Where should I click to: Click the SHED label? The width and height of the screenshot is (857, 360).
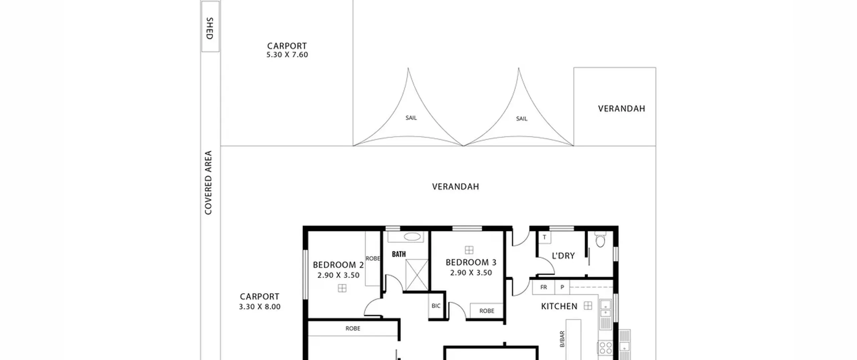[210, 28]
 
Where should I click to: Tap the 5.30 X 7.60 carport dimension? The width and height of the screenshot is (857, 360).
[287, 55]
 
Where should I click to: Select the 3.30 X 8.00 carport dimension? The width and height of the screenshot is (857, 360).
[260, 307]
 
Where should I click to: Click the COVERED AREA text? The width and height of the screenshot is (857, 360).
[208, 183]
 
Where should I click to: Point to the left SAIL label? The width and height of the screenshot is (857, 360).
[411, 118]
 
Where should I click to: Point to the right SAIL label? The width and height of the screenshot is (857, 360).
[522, 119]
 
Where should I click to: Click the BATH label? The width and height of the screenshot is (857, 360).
[399, 254]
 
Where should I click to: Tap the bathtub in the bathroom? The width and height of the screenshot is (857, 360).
[412, 237]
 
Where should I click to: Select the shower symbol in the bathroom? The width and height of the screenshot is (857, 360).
[417, 275]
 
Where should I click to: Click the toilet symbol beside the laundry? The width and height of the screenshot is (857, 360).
[601, 240]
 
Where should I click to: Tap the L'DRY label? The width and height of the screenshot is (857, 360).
[563, 256]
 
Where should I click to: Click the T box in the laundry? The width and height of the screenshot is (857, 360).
[545, 237]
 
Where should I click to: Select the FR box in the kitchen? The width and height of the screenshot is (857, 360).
[544, 287]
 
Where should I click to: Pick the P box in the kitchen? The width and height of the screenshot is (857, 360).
[562, 287]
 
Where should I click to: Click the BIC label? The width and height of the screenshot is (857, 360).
[436, 306]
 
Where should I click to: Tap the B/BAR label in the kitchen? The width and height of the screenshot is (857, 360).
[562, 339]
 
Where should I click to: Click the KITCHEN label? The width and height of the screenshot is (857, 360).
[559, 306]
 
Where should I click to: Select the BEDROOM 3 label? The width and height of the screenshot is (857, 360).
[471, 262]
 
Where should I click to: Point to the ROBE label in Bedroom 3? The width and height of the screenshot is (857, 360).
[487, 311]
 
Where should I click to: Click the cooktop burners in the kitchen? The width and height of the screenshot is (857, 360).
[606, 348]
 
